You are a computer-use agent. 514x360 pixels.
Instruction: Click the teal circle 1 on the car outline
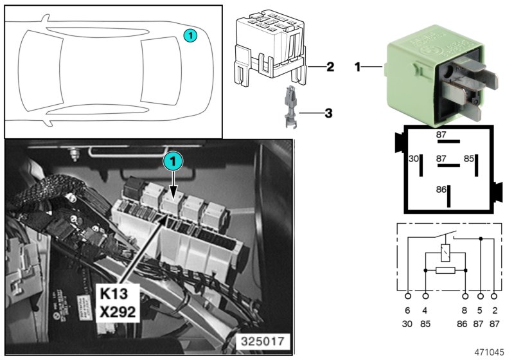pyautogui.click(x=190, y=37)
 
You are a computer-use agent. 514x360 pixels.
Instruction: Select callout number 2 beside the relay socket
pyautogui.click(x=330, y=66)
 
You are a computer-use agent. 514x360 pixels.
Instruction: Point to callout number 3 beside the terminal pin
pyautogui.click(x=328, y=113)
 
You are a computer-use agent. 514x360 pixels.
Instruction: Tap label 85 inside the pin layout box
pyautogui.click(x=470, y=157)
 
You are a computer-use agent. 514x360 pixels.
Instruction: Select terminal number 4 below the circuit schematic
pyautogui.click(x=425, y=310)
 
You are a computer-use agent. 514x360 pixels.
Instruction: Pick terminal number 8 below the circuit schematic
pyautogui.click(x=465, y=310)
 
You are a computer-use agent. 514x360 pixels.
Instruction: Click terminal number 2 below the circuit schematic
pyautogui.click(x=494, y=310)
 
